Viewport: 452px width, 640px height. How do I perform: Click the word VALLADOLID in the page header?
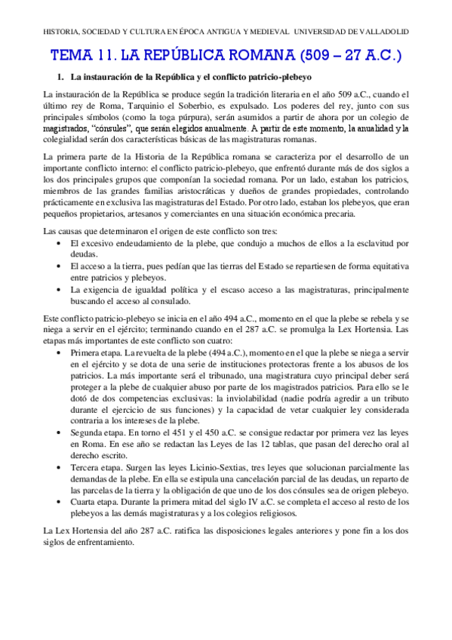point(381,32)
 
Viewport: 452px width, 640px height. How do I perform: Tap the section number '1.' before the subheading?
point(63,78)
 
